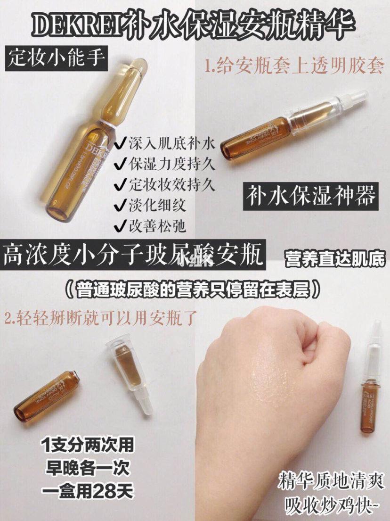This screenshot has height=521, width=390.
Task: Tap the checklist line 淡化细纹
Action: point(151,206)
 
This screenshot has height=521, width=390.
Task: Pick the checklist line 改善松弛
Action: point(151,226)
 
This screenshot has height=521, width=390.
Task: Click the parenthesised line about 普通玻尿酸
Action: point(195,289)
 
